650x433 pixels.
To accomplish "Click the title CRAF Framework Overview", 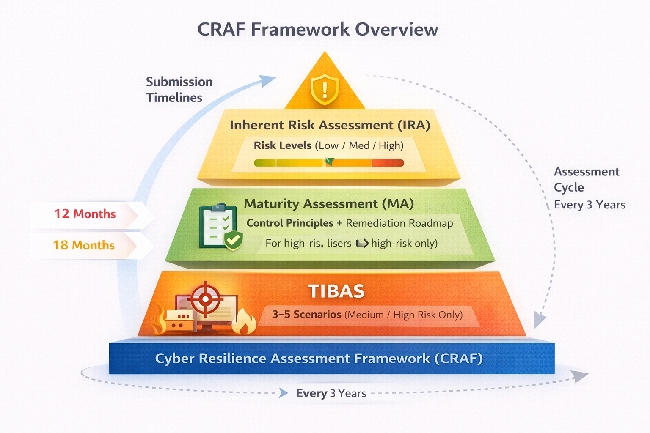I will click(x=317, y=30).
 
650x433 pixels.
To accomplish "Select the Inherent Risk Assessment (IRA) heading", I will click(x=330, y=125).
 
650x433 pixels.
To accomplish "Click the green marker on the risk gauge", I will click(x=330, y=162).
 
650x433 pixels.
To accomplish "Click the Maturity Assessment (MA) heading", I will click(x=329, y=204).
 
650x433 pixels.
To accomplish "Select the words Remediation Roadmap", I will click(x=399, y=223).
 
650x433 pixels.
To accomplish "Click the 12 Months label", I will click(x=85, y=214).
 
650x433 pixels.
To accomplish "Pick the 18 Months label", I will click(x=84, y=245).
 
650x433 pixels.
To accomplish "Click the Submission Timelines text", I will click(x=179, y=90).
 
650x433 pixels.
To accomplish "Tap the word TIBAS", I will click(x=336, y=291).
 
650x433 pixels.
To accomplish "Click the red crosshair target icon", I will click(x=205, y=299).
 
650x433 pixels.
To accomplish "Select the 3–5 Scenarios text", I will click(x=306, y=315).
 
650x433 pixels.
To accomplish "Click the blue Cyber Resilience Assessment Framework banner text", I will click(x=319, y=359).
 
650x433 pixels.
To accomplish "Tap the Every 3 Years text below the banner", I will click(x=331, y=393).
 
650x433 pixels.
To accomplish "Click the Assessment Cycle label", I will click(x=586, y=179).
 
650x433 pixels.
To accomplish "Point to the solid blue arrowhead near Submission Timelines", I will click(x=267, y=80).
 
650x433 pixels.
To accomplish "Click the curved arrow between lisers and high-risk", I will click(x=362, y=244).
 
